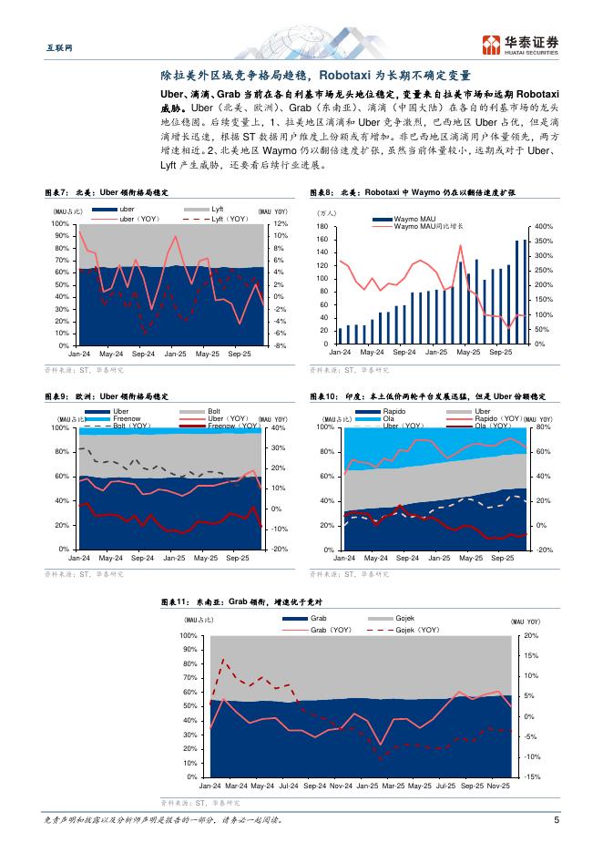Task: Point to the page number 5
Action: pos(556,819)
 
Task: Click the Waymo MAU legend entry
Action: pos(393,219)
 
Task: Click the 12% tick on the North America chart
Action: pos(281,223)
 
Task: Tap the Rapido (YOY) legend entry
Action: pos(492,418)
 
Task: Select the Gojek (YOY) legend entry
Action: pos(406,630)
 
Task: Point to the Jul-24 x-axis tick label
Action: pos(289,786)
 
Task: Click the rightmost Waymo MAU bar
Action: pos(525,292)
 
